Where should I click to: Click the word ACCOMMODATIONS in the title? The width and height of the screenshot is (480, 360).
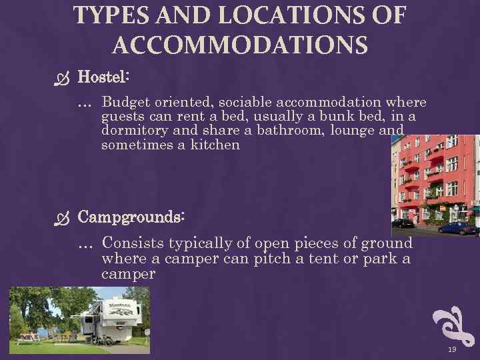(240, 45)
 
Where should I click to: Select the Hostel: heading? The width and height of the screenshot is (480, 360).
(103, 77)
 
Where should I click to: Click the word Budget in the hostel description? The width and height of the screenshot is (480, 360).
(125, 102)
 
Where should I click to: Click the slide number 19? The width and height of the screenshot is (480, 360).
(452, 349)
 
